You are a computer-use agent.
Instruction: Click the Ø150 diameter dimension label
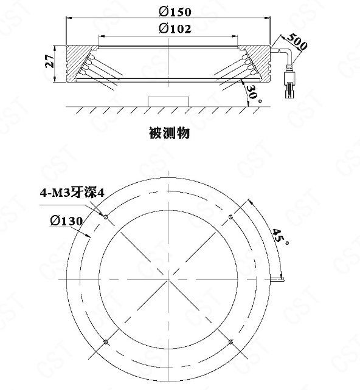175,12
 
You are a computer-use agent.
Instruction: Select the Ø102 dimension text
175,29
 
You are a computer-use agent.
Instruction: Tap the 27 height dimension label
50,61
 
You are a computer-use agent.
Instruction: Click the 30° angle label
254,94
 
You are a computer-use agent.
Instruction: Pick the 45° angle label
280,236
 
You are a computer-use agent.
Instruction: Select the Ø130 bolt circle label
66,221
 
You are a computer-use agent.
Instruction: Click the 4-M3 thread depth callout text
72,193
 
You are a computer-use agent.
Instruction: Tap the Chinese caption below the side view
169,133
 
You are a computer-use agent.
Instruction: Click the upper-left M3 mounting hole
106,217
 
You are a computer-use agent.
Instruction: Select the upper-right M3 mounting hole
230,217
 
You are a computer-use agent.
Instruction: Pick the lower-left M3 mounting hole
106,342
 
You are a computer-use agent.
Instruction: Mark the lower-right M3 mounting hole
230,342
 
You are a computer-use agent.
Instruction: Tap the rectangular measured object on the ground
168,101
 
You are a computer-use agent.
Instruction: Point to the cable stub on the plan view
277,279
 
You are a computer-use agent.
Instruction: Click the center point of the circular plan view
168,279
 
